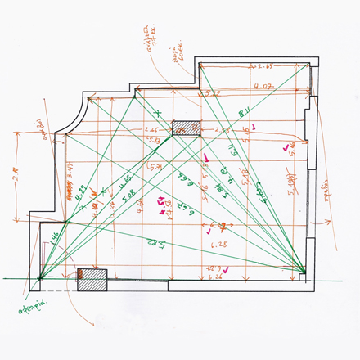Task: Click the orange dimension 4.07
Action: pyautogui.click(x=263, y=85)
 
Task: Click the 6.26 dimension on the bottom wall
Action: pyautogui.click(x=216, y=277)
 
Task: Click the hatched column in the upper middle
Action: pyautogui.click(x=186, y=128)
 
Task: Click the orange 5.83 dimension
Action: pyautogui.click(x=154, y=140)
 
